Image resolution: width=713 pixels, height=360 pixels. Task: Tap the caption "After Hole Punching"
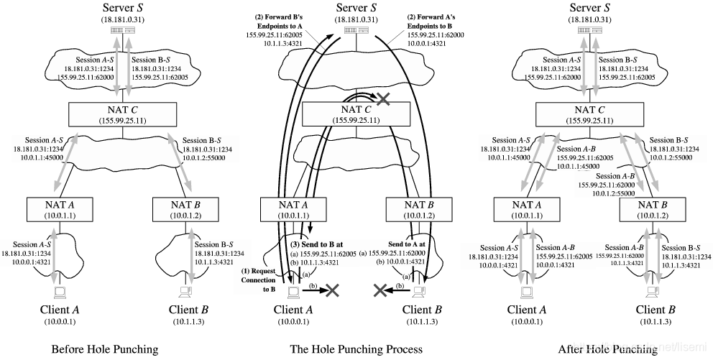tap(607, 350)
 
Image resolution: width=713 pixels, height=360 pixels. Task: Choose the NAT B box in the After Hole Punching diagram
tap(653, 209)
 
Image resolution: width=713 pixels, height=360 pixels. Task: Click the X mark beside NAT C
tap(384, 101)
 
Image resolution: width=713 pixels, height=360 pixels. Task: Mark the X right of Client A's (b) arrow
tap(331, 290)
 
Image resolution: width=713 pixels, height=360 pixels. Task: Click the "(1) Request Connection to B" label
tap(258, 279)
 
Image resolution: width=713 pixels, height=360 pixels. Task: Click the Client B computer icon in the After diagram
tap(653, 292)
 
